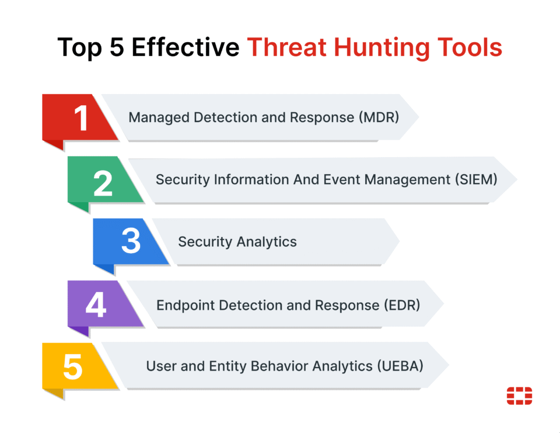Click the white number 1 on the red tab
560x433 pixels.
click(82, 117)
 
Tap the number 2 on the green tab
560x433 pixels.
click(103, 183)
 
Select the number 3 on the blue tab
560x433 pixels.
click(131, 241)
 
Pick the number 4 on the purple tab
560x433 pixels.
click(96, 304)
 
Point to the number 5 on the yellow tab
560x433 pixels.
click(73, 366)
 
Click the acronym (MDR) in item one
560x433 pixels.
click(379, 117)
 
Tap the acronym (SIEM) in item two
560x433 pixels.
click(476, 179)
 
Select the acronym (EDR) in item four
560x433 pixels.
click(402, 305)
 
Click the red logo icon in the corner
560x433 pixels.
click(519, 396)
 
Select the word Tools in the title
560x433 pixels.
click(470, 47)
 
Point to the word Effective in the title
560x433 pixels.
click(185, 47)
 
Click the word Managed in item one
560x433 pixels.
click(159, 117)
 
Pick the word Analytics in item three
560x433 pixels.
click(267, 243)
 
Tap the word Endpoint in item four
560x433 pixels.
click(185, 306)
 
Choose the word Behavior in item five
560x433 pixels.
click(279, 366)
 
